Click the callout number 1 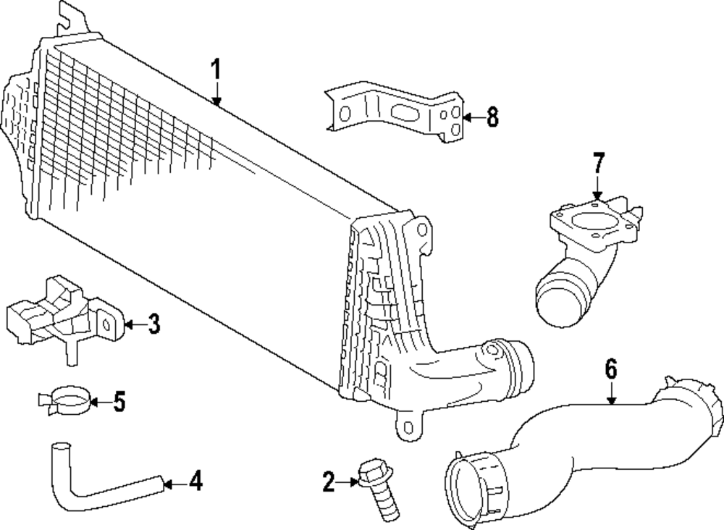(216, 72)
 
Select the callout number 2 (329, 481)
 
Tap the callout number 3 (153, 324)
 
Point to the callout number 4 (195, 481)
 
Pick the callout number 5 (119, 400)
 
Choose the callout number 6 (611, 370)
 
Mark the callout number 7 (597, 164)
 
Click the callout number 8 (492, 117)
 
